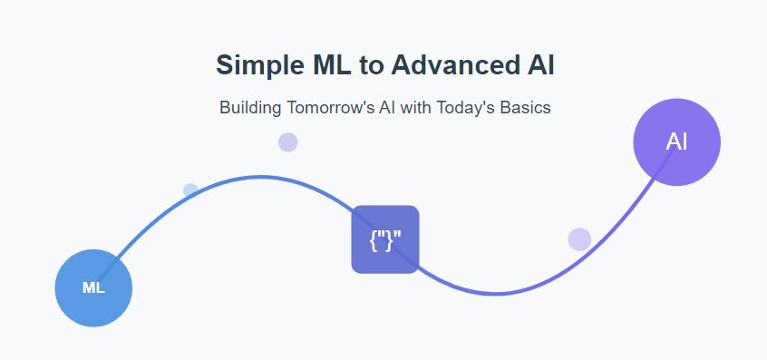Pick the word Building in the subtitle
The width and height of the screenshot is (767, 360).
250,108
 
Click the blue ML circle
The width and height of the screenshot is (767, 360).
93,287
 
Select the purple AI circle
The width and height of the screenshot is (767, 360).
676,142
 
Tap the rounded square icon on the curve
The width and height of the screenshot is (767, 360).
385,239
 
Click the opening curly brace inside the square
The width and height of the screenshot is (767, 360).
374,239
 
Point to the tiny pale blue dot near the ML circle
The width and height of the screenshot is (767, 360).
190,190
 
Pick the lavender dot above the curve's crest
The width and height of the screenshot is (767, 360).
287,142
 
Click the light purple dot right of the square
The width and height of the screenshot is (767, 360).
579,239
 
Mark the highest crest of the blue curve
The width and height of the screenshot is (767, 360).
261,177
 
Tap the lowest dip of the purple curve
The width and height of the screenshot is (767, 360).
496,293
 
